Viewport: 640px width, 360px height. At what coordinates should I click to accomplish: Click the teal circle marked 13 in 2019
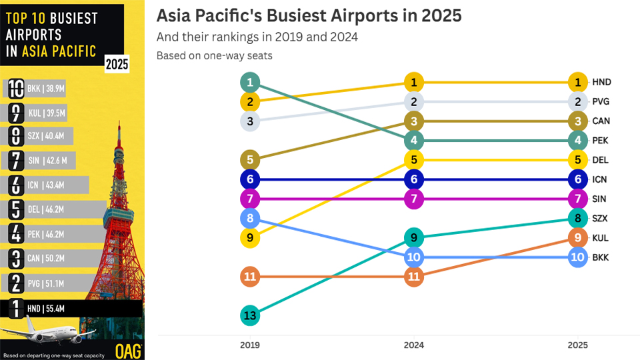tap(250, 315)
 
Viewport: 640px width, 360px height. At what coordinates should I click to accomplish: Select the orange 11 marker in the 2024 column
tap(413, 277)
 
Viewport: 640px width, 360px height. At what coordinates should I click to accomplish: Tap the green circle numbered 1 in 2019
tap(250, 83)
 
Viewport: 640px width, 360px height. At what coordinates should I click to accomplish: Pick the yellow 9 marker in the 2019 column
tap(250, 237)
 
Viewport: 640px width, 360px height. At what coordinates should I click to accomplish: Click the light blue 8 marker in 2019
tap(250, 218)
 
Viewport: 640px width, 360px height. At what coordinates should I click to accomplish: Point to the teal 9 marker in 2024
tap(413, 237)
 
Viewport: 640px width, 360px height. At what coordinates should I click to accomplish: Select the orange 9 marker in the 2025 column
tap(577, 237)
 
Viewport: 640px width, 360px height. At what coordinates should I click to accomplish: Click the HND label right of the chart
tap(601, 83)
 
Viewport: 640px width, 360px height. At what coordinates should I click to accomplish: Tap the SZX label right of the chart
tap(601, 218)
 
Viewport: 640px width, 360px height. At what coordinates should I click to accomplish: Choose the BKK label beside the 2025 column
tap(601, 257)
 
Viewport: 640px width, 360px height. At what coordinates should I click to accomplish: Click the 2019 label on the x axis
tap(250, 345)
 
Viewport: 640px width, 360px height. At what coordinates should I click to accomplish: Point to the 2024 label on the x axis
tap(413, 345)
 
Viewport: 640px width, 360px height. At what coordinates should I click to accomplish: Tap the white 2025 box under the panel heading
tap(117, 65)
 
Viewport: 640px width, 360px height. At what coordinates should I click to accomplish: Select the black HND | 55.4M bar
tap(73, 309)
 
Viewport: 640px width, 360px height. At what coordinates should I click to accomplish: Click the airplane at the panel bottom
tap(40, 331)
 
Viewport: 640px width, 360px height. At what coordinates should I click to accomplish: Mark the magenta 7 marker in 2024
tap(413, 199)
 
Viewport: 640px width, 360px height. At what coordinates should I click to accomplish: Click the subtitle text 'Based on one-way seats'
tap(214, 56)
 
